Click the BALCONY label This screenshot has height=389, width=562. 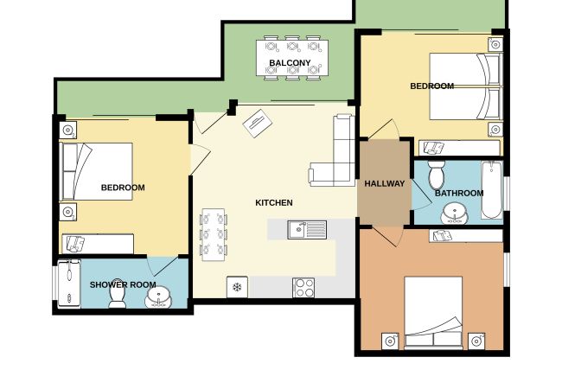pos(290,63)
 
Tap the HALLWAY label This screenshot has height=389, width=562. pos(385,184)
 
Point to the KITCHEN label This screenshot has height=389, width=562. pos(274,203)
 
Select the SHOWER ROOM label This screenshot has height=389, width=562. pos(123,285)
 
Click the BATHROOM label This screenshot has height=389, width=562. pos(459,194)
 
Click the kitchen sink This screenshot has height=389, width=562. pos(307,230)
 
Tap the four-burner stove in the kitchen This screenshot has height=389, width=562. pos(303,288)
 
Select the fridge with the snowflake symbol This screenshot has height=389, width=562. pos(237,287)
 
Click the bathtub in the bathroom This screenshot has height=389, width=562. pos(492,190)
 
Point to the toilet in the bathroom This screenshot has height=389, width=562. pos(437,175)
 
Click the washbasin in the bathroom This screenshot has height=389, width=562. pos(455,214)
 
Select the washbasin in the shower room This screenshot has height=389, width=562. pos(158,297)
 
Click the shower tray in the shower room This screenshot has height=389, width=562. pos(69,284)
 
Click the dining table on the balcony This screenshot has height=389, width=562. pos(292,58)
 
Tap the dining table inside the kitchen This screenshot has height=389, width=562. pos(214,234)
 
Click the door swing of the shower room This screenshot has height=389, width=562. pos(162,266)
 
